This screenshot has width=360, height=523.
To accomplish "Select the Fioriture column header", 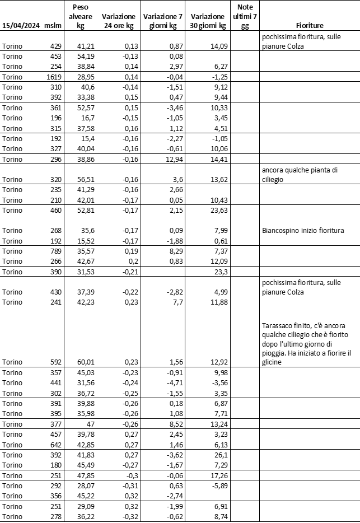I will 310,26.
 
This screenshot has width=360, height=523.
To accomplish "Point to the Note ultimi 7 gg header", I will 245,16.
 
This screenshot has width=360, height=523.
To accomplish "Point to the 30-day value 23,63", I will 217,211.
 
